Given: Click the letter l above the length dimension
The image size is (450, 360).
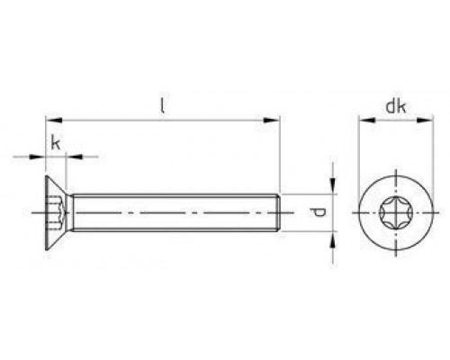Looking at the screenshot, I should tap(162, 104).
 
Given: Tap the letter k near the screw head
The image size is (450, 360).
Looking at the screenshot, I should tap(56, 142).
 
